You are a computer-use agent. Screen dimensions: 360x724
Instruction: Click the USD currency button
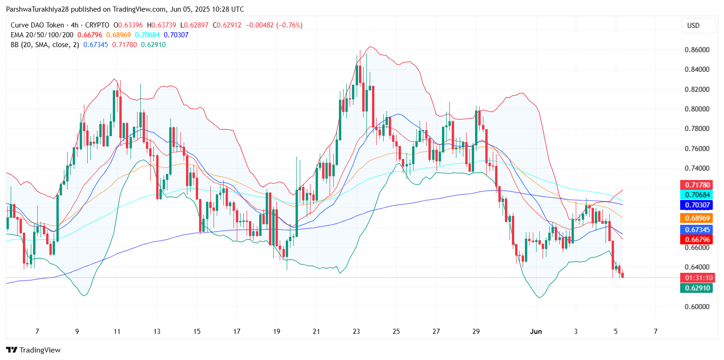coord(698,26)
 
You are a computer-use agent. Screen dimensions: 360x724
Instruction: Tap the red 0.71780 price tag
coord(696,185)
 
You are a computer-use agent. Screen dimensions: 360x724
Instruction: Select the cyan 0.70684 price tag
coord(696,195)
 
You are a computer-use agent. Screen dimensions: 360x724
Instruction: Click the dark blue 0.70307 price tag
coord(696,205)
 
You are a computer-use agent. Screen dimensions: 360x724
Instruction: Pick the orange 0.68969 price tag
coord(696,218)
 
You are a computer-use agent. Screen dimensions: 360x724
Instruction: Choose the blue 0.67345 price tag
coord(696,229)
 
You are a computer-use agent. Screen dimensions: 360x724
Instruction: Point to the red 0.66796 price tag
coord(696,239)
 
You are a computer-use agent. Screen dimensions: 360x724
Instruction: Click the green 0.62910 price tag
coord(696,288)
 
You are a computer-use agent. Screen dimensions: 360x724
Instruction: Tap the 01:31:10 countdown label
coord(696,278)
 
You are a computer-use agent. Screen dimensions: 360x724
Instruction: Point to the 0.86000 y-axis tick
coord(696,50)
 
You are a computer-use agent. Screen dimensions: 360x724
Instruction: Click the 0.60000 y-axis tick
coord(696,307)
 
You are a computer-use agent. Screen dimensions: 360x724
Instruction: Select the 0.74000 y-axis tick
coord(696,168)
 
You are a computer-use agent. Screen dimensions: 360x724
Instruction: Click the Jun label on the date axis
coord(536,332)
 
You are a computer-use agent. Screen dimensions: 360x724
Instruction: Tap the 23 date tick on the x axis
coord(357,332)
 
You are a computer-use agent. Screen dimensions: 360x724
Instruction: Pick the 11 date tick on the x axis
coord(117,332)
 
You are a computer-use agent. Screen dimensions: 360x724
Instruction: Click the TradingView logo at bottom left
coord(33,350)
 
